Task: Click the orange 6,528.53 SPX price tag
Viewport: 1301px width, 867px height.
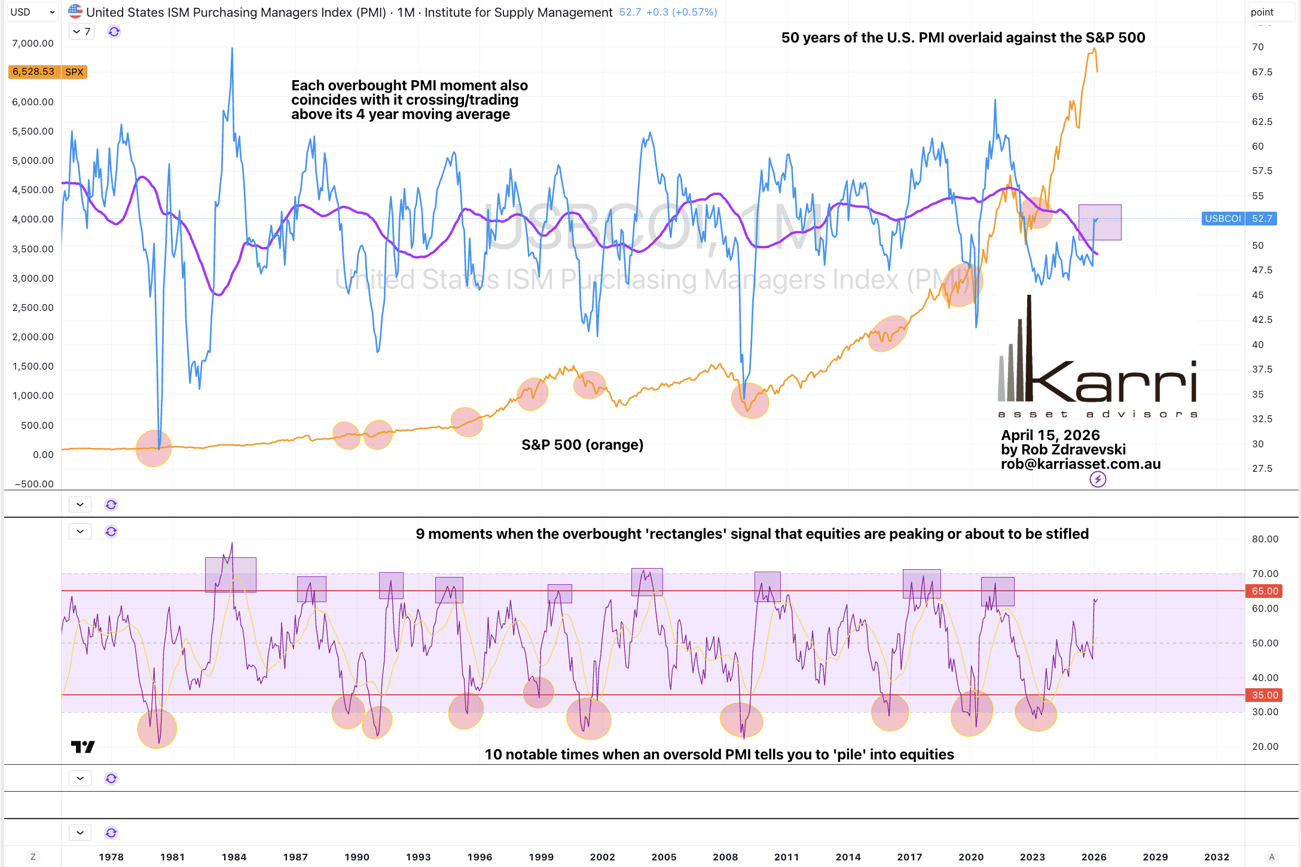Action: [47, 72]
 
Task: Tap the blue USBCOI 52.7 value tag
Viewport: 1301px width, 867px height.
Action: [1239, 219]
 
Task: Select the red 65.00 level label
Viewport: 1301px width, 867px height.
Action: [1265, 591]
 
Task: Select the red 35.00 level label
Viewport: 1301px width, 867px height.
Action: [1265, 695]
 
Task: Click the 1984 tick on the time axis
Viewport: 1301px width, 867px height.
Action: [234, 857]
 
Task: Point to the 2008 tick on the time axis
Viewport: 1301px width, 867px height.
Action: [725, 857]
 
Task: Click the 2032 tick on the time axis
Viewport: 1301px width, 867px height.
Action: [1217, 857]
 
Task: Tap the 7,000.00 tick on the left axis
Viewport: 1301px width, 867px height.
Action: [33, 43]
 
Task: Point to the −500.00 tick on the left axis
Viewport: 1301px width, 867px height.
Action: [33, 484]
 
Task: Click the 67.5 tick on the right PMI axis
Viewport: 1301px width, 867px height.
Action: [1262, 72]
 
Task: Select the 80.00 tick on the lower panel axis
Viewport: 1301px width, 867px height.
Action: [1265, 539]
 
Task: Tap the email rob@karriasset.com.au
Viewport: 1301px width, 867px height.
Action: [1080, 464]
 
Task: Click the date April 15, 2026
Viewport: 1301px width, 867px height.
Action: [1050, 435]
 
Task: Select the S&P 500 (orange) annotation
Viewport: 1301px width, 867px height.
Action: [582, 445]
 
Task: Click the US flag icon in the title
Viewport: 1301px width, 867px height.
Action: [75, 11]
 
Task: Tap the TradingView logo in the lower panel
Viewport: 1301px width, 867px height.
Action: [83, 747]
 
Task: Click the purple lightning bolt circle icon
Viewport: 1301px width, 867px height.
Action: [1098, 479]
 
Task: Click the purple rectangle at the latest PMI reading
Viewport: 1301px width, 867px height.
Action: [1100, 222]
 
